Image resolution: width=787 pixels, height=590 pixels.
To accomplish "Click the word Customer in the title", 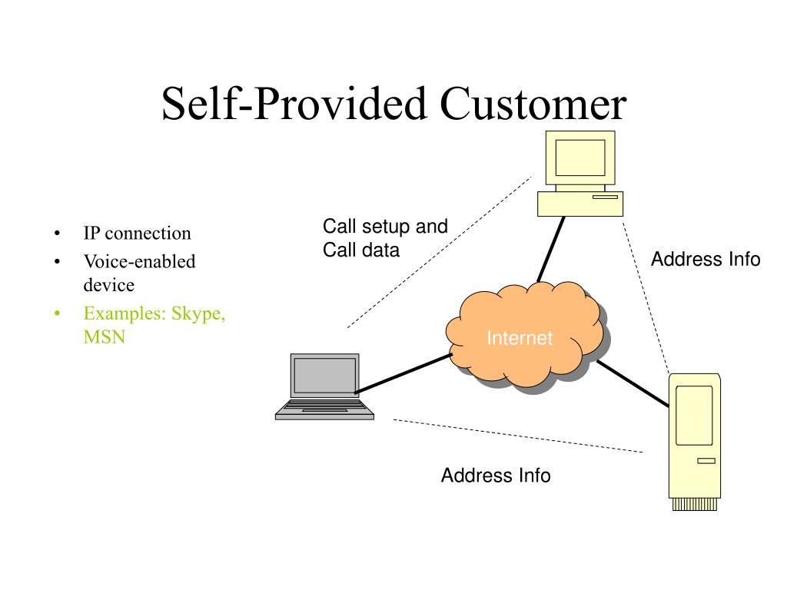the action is click(533, 104).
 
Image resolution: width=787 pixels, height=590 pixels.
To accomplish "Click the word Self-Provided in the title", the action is click(294, 104).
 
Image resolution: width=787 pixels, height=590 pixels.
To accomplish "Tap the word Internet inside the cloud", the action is click(520, 338).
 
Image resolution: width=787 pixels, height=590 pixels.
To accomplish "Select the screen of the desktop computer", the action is click(580, 157).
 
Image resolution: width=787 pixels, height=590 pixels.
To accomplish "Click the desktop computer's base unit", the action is click(580, 204).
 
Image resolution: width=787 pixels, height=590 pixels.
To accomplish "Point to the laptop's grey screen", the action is click(325, 376).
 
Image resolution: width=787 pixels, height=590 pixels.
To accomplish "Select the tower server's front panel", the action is click(694, 416).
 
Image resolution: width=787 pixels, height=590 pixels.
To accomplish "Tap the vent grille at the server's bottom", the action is click(695, 504).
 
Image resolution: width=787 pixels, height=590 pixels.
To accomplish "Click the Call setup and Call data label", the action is click(385, 238).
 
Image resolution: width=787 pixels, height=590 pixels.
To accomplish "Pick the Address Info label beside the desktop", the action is click(706, 260).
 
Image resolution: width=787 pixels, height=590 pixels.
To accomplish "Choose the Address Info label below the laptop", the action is click(496, 475).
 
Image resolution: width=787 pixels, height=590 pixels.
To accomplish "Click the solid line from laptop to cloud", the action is click(403, 373).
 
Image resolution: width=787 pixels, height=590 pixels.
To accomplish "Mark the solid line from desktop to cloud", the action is click(551, 250).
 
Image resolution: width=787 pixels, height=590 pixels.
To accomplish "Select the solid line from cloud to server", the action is click(633, 383).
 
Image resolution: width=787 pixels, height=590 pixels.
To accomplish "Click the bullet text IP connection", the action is click(137, 234).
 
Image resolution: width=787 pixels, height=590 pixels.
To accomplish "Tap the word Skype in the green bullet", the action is click(198, 313).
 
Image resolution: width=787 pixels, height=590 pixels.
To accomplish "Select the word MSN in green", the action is click(105, 336).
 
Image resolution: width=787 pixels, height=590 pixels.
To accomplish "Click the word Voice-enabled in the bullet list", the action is click(140, 261).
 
